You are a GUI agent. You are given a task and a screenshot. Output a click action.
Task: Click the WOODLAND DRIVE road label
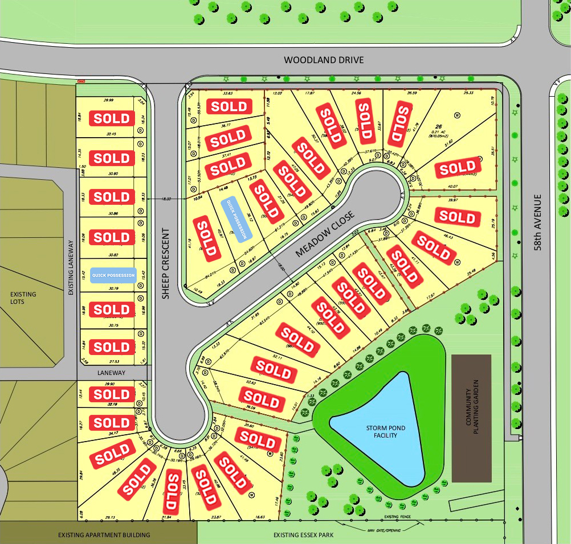tap(323, 60)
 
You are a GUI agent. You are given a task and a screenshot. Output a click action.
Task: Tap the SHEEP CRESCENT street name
tap(166, 263)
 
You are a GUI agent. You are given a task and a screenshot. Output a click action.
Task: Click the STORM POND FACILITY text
tap(382, 431)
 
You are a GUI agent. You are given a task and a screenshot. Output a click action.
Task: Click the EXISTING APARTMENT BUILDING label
tap(104, 535)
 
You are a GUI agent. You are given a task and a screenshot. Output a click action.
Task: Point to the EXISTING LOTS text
tap(23, 298)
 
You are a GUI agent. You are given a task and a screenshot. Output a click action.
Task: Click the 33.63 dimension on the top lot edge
tap(228, 93)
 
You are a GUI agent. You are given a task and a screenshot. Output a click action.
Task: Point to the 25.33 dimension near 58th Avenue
tap(468, 93)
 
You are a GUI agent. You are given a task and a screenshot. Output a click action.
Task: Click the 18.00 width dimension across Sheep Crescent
tap(166, 199)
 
